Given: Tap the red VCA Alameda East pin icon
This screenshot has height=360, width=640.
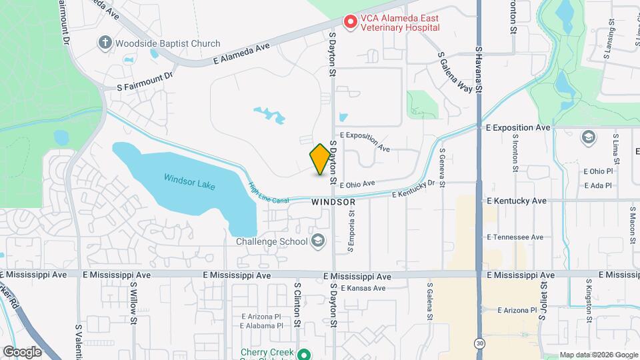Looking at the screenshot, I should (x=349, y=22).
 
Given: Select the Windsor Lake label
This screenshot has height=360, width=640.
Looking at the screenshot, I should (x=189, y=181).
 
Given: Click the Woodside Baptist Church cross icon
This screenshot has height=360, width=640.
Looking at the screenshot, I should (x=105, y=43).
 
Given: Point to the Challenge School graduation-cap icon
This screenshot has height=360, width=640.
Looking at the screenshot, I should (x=318, y=241).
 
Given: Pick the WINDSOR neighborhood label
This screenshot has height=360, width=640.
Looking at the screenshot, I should (x=333, y=201).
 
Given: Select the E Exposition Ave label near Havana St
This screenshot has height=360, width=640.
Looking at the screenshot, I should (x=519, y=127).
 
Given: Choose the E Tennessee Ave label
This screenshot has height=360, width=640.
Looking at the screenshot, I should (x=515, y=237).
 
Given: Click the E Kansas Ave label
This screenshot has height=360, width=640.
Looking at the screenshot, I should (x=363, y=288).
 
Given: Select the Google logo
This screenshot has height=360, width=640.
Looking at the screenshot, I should (x=22, y=351).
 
